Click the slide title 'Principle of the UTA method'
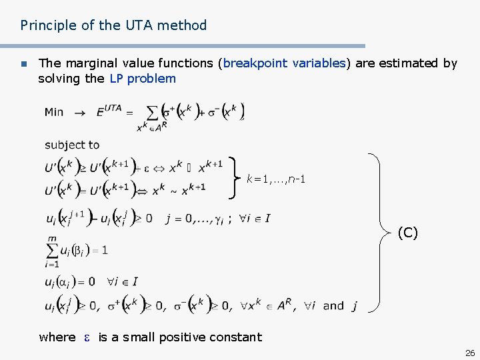[x=113, y=25]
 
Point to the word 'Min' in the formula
[x=54, y=112]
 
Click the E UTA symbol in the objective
[x=109, y=111]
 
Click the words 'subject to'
[x=72, y=145]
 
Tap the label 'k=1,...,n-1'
[x=276, y=179]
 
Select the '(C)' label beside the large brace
[x=407, y=233]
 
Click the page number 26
[x=469, y=353]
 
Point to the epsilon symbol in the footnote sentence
[x=87, y=337]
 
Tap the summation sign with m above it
[x=53, y=251]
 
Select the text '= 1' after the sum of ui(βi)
[x=100, y=251]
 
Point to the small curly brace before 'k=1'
[x=235, y=177]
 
